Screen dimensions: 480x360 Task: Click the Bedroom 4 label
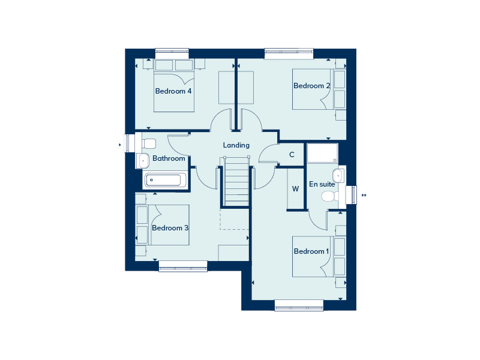(173, 91)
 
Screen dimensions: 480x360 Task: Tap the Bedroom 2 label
(311, 86)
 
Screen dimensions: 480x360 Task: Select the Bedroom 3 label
(170, 228)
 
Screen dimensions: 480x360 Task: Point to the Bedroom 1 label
(311, 251)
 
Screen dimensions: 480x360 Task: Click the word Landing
(236, 145)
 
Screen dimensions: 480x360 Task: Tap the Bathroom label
(169, 158)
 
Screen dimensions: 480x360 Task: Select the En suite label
(322, 184)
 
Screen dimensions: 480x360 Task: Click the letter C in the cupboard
(292, 155)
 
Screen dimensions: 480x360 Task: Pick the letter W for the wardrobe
(295, 189)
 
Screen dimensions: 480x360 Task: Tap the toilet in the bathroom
(149, 143)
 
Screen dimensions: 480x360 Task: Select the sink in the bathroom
(143, 160)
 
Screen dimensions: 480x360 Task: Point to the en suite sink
(338, 176)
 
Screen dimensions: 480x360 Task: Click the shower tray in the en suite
(323, 153)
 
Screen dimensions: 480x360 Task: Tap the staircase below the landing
(236, 182)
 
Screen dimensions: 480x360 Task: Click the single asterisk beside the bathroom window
(119, 145)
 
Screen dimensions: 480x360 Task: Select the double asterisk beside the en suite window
(364, 196)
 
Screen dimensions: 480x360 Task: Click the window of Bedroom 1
(299, 305)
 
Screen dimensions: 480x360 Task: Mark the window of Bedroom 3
(183, 266)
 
